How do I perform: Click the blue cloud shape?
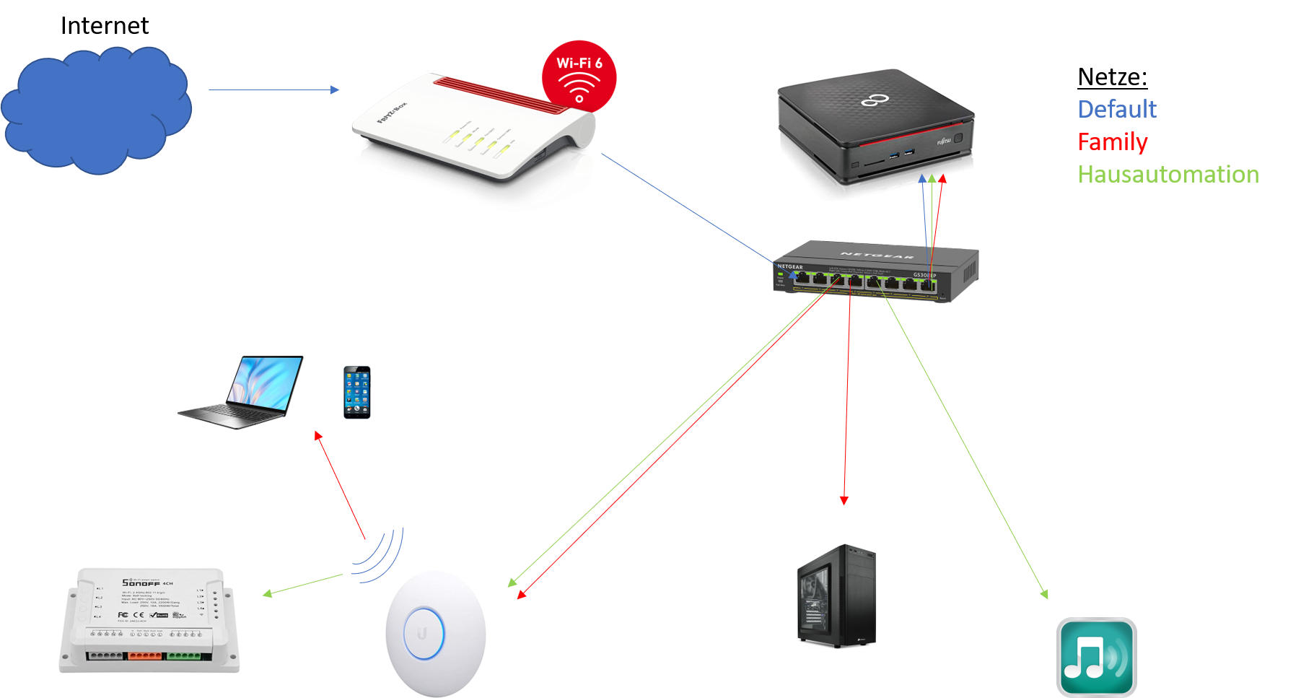(x=96, y=110)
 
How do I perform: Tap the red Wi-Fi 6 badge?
(x=579, y=76)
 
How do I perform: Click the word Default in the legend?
(x=1117, y=109)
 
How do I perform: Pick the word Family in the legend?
(x=1112, y=141)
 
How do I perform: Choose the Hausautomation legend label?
(x=1168, y=174)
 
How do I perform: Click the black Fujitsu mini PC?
(x=875, y=130)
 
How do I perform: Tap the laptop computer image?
(x=240, y=392)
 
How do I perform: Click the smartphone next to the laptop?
(x=356, y=392)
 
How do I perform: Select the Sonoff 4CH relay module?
(x=149, y=620)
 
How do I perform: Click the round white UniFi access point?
(x=435, y=634)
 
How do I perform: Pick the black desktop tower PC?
(x=838, y=596)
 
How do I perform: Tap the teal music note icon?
(x=1096, y=656)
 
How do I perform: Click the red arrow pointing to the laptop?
(x=340, y=486)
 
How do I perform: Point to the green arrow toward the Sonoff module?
(x=303, y=585)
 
